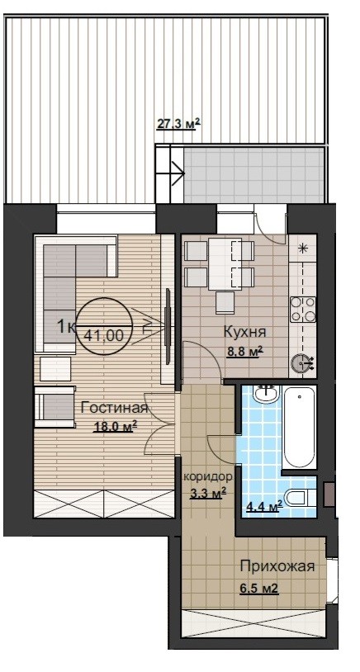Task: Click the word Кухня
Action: [x=245, y=332]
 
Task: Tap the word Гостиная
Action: [x=114, y=408]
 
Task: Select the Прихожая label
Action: [x=277, y=566]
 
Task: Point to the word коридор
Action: [x=208, y=476]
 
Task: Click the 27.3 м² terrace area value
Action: [x=178, y=125]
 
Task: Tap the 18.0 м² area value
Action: [x=116, y=427]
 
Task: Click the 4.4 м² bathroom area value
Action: [x=264, y=507]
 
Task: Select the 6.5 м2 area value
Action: [x=259, y=588]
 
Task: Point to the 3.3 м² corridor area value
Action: [x=208, y=494]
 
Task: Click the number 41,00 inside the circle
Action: [x=103, y=335]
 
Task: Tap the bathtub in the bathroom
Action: [x=300, y=428]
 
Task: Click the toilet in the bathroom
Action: [x=300, y=498]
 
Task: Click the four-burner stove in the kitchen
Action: [x=303, y=310]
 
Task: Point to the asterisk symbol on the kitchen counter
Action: [x=303, y=248]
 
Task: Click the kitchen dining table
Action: [x=225, y=263]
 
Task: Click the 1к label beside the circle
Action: [x=66, y=327]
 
